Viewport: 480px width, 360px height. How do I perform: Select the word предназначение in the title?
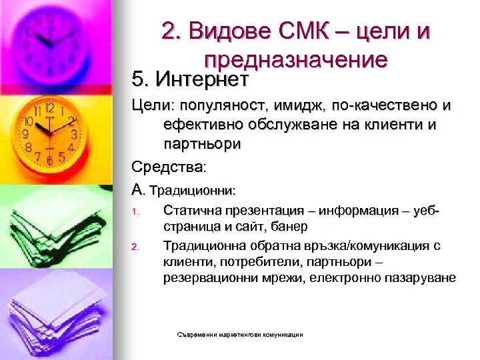[296, 59]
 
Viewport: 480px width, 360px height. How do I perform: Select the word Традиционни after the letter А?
[193, 190]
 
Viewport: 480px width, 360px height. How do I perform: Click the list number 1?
[134, 213]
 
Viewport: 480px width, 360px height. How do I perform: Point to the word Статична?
[190, 211]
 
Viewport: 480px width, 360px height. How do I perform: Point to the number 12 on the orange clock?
[49, 107]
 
